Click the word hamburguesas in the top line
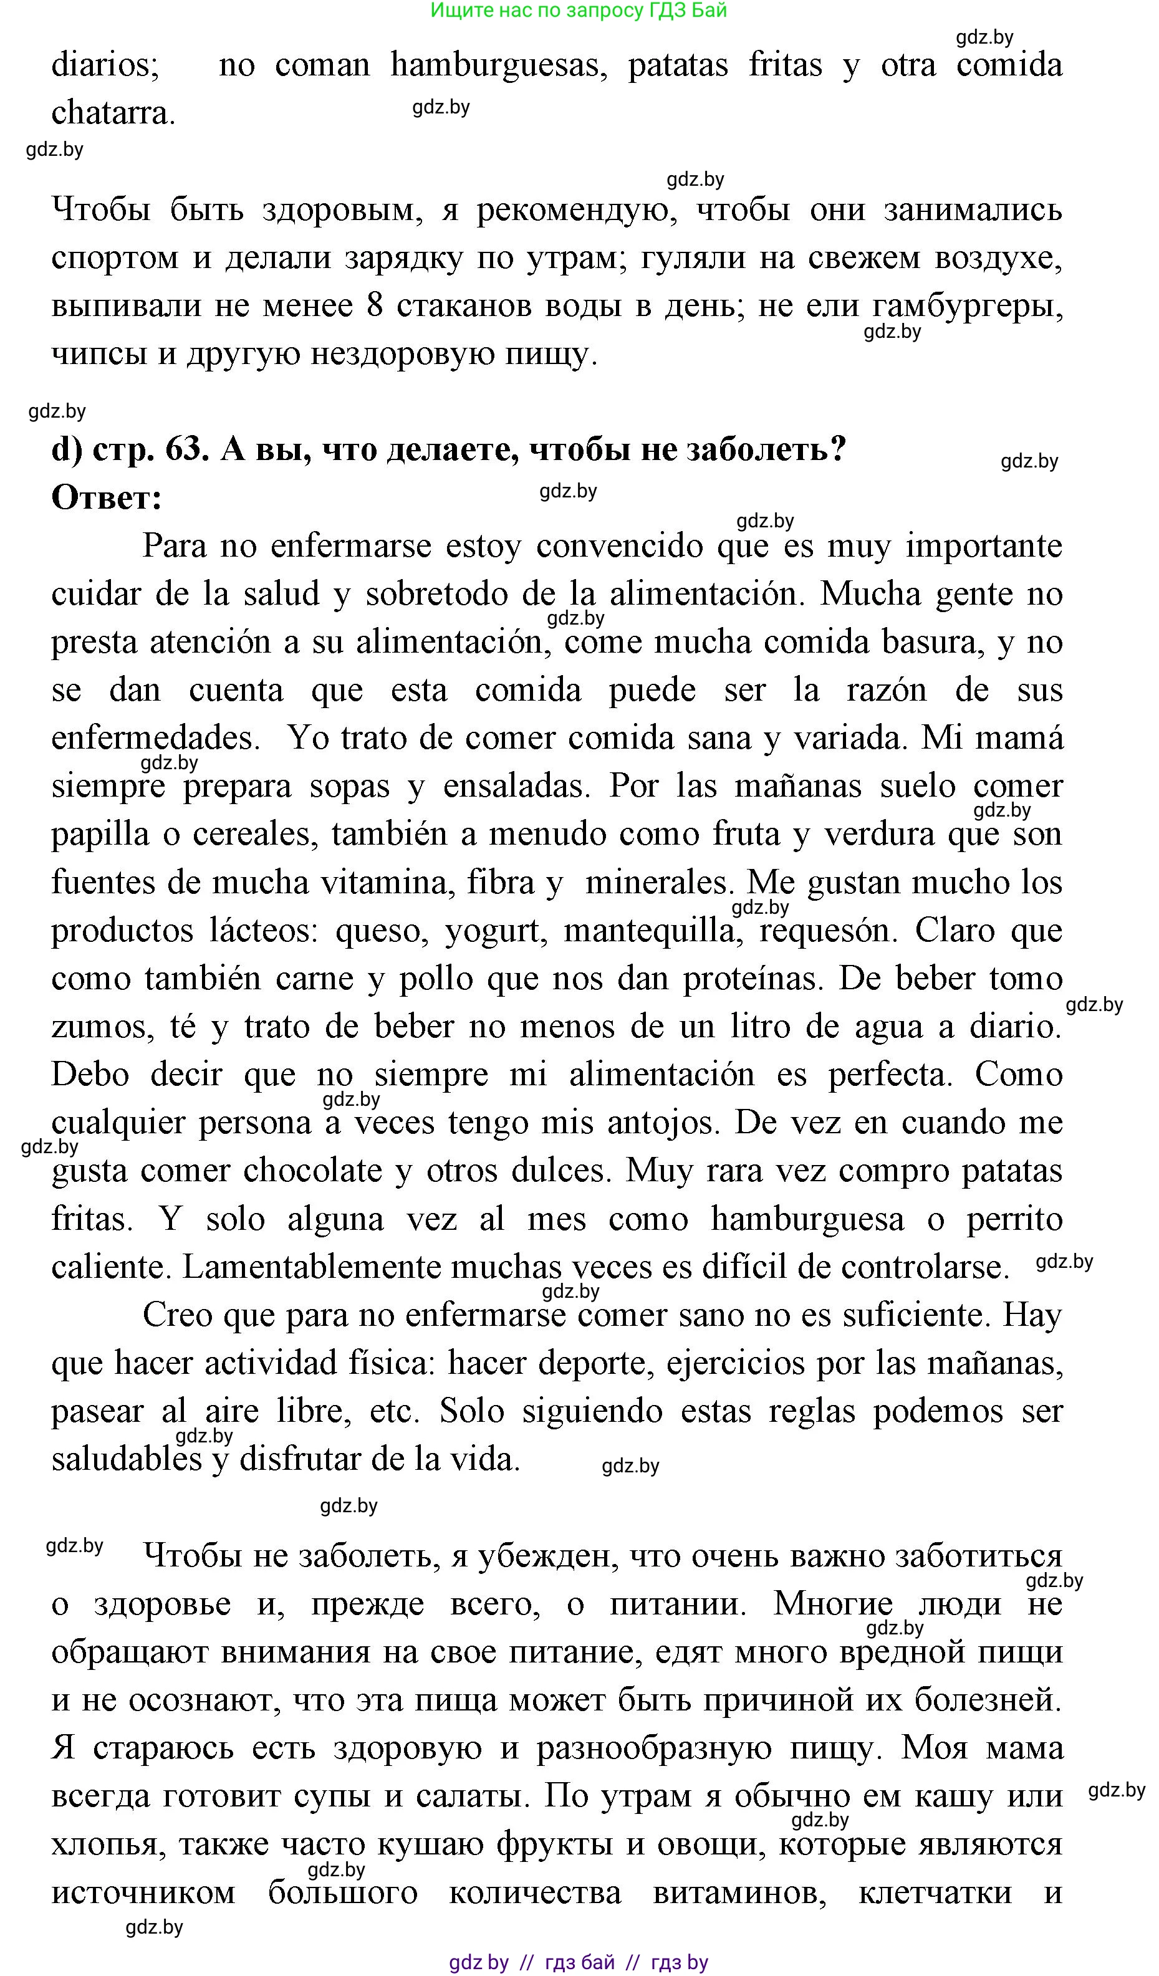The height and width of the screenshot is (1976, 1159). (499, 65)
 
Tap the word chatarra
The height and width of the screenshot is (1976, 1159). (113, 113)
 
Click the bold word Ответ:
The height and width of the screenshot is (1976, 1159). (107, 497)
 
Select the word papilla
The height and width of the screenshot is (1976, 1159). (100, 834)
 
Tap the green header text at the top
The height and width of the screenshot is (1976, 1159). (579, 10)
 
